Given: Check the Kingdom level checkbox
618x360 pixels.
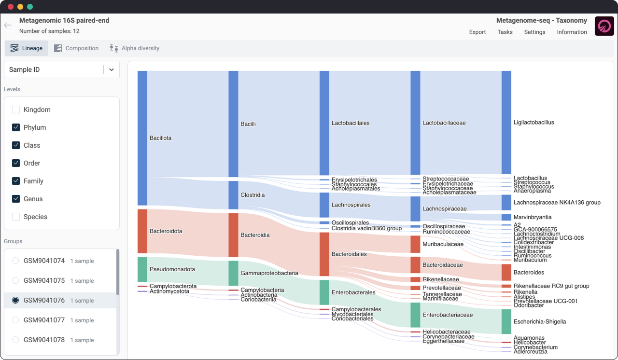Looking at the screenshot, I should click(x=16, y=110).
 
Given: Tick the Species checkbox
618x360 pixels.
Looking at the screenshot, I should click(x=16, y=217).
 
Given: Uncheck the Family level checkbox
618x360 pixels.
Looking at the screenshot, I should click(x=16, y=181).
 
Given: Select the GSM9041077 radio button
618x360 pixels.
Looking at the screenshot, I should click(x=15, y=320).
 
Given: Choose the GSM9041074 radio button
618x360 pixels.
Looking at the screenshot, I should click(x=15, y=261).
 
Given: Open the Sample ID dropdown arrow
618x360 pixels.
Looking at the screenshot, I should click(x=112, y=69).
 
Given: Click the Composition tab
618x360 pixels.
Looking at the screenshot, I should click(x=76, y=48).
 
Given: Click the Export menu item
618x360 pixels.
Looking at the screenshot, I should click(x=478, y=32).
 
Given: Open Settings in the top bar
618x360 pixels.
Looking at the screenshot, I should click(x=534, y=32).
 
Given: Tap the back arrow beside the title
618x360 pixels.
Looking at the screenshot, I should click(x=8, y=25).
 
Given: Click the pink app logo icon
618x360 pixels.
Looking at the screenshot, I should click(x=604, y=26).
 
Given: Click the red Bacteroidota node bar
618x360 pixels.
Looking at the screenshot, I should click(x=142, y=231).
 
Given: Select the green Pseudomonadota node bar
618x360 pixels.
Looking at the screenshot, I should click(x=142, y=269).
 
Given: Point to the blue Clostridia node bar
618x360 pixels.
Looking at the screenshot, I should click(x=233, y=195).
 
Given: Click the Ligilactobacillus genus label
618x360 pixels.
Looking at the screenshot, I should click(x=534, y=123).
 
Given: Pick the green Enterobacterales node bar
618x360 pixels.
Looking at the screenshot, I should click(x=324, y=292).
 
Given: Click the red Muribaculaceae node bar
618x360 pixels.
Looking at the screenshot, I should click(x=415, y=244).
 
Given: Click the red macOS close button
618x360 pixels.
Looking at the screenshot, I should click(x=11, y=7).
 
